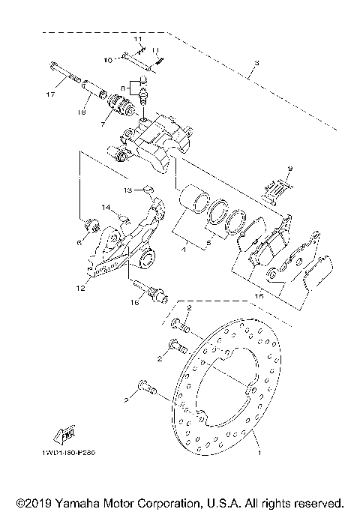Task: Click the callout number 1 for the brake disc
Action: coord(259,453)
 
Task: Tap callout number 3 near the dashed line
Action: coord(256,62)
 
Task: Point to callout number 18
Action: coord(82,112)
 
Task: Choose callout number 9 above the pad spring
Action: coord(292,169)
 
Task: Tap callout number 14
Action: coord(106,207)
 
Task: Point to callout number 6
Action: coord(78,242)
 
